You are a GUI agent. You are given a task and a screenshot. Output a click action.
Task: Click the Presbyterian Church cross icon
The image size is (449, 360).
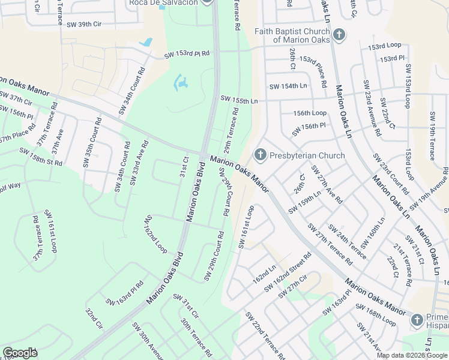point(261,155)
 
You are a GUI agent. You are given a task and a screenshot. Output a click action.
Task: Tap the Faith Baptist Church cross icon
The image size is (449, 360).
point(339,35)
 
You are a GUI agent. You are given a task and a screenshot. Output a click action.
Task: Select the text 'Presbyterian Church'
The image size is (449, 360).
point(307,155)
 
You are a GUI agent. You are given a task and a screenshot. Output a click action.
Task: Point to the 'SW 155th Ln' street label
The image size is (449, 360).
point(239,99)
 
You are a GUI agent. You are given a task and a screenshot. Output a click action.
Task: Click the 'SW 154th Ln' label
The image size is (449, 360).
point(288,86)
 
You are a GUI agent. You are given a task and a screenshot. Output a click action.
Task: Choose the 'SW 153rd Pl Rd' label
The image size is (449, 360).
point(187,54)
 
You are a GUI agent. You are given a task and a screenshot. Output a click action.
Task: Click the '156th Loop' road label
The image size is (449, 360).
point(310,113)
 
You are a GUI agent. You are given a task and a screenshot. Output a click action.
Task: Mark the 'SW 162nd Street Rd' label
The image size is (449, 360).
point(288,272)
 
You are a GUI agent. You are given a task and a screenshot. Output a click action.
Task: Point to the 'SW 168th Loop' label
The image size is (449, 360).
point(376,317)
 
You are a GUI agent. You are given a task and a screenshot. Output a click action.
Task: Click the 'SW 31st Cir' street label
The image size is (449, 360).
point(185,306)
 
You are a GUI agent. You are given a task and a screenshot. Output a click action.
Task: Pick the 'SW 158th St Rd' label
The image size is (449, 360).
point(41,158)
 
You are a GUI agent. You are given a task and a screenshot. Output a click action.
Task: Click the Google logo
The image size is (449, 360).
point(20,353)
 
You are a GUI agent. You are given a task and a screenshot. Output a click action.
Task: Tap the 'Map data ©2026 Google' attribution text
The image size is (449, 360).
point(411,355)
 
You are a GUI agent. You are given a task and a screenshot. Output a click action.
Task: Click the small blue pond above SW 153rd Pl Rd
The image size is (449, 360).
point(145,43)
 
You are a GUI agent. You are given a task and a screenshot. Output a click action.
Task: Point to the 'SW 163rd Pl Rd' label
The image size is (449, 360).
point(125,293)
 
